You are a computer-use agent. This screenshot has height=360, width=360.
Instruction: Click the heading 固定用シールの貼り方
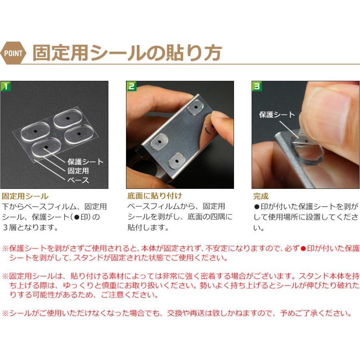pyautogui.click(x=127, y=52)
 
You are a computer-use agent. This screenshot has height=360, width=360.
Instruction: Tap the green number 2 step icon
pyautogui.click(x=132, y=86)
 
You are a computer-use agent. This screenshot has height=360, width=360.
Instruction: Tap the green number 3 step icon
pyautogui.click(x=257, y=86)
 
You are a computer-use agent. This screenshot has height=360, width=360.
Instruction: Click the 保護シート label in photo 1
pyautogui.click(x=85, y=162)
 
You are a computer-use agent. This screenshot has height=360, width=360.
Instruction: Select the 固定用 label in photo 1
pyautogui.click(x=78, y=171)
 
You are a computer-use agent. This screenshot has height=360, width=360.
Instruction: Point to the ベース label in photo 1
pyautogui.click(x=78, y=180)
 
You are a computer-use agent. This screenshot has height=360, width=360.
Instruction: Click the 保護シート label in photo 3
pyautogui.click(x=277, y=115)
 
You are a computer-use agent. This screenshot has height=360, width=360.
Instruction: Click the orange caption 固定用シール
pyautogui.click(x=25, y=196)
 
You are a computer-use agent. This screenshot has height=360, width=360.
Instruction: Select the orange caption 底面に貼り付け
pyautogui.click(x=155, y=196)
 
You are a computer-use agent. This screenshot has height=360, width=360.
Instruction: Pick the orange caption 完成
pyautogui.click(x=261, y=196)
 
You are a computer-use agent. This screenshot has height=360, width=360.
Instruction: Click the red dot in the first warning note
pyautogui.click(x=303, y=248)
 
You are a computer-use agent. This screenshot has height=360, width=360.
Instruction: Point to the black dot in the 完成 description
pyautogui.click(x=257, y=207)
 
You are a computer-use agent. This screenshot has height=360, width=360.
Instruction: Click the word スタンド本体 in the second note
pyautogui.click(x=318, y=276)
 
